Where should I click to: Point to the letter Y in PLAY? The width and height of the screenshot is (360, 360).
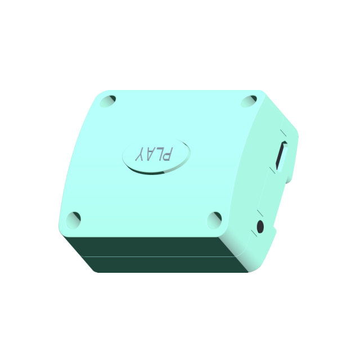(141, 154)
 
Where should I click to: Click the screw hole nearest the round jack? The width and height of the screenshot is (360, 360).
(214, 220)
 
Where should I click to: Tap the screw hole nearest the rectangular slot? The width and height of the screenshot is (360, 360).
(249, 101)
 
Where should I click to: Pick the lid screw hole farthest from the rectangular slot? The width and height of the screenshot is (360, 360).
(73, 220)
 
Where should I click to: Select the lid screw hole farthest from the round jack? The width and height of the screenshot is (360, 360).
(107, 101)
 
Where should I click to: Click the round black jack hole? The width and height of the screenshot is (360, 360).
(260, 226)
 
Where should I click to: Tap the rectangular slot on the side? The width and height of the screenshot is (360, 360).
(281, 156)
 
